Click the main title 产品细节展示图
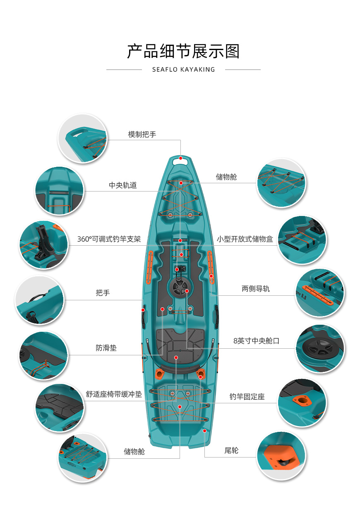[x=183, y=51]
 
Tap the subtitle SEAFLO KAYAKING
[x=183, y=69]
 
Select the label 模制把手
[x=142, y=134]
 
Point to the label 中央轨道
[x=123, y=185]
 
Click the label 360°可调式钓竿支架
[x=109, y=239]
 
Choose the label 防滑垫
[x=106, y=348]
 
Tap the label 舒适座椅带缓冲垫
[x=114, y=394]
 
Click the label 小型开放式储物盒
[x=245, y=239]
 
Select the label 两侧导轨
[x=256, y=289]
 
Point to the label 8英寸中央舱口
[x=256, y=341]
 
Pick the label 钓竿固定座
[x=247, y=397]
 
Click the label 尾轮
[x=231, y=450]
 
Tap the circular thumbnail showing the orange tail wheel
[x=281, y=456]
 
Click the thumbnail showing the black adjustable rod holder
[x=44, y=244]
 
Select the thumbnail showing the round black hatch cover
[x=320, y=349]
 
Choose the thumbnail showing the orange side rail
[x=320, y=293]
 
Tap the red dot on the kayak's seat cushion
[x=176, y=357]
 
